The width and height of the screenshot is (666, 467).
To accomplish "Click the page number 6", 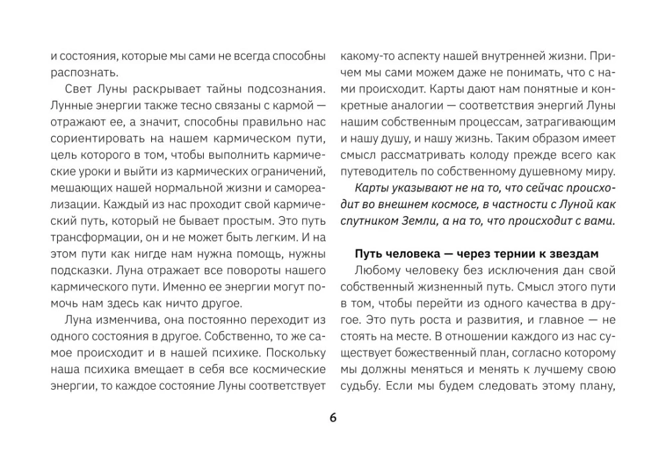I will (x=333, y=418).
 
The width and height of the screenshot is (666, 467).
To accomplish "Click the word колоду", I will (x=494, y=154).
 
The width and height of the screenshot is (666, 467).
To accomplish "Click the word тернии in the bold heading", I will (x=510, y=254).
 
